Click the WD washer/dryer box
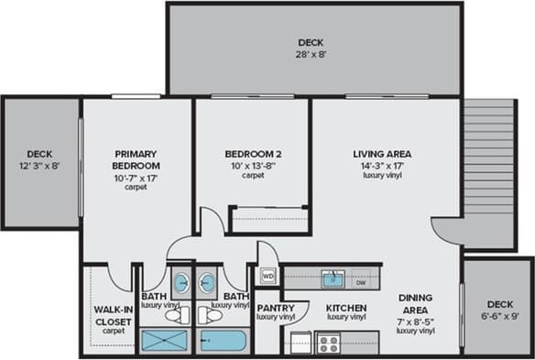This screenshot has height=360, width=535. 268,274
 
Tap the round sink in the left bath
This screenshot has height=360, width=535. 181,280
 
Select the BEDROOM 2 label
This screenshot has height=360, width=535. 253,154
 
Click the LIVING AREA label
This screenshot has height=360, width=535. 382,153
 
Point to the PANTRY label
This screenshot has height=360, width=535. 275,308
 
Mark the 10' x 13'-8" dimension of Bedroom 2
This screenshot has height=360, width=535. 253,165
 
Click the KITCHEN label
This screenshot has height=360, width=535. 346,308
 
